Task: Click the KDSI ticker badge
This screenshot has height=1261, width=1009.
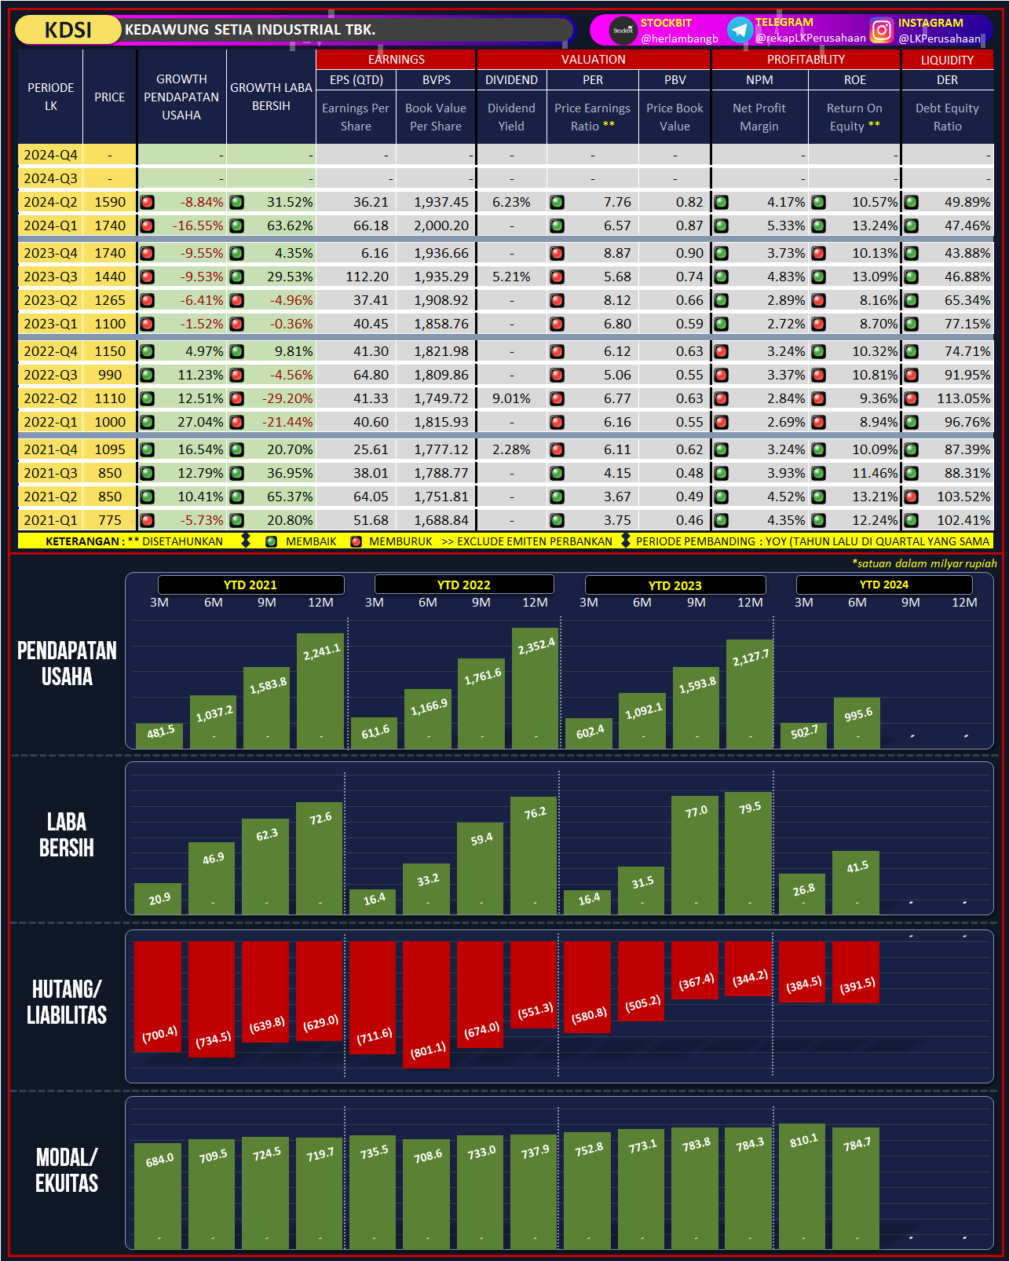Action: pyautogui.click(x=68, y=30)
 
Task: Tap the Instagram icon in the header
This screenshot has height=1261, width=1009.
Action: pyautogui.click(x=882, y=30)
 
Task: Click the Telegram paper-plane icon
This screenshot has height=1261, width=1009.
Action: pyautogui.click(x=739, y=30)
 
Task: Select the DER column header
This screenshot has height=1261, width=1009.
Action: pyautogui.click(x=947, y=80)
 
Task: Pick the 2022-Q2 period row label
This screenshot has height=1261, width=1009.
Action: pyautogui.click(x=50, y=398)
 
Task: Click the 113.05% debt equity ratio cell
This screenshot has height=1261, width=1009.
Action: pyautogui.click(x=963, y=398)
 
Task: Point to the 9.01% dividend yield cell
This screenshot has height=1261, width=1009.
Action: pyautogui.click(x=511, y=398)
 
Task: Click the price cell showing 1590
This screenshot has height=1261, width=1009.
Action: pyautogui.click(x=110, y=202)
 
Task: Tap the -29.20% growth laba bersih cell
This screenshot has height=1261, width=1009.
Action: pyautogui.click(x=287, y=398)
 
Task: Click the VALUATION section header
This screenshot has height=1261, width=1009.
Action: pyautogui.click(x=593, y=60)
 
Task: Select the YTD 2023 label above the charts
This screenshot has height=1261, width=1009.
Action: pyautogui.click(x=674, y=585)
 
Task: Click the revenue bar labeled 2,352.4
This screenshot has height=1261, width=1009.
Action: pyautogui.click(x=536, y=687)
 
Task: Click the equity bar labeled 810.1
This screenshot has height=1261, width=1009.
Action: pyautogui.click(x=802, y=1186)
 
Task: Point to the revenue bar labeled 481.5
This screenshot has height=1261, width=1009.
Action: pyautogui.click(x=159, y=735)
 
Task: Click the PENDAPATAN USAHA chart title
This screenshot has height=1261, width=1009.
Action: pyautogui.click(x=67, y=664)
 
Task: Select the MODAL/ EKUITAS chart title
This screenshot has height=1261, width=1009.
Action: pyautogui.click(x=67, y=1170)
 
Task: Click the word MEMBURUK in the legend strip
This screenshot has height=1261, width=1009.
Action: pyautogui.click(x=400, y=541)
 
